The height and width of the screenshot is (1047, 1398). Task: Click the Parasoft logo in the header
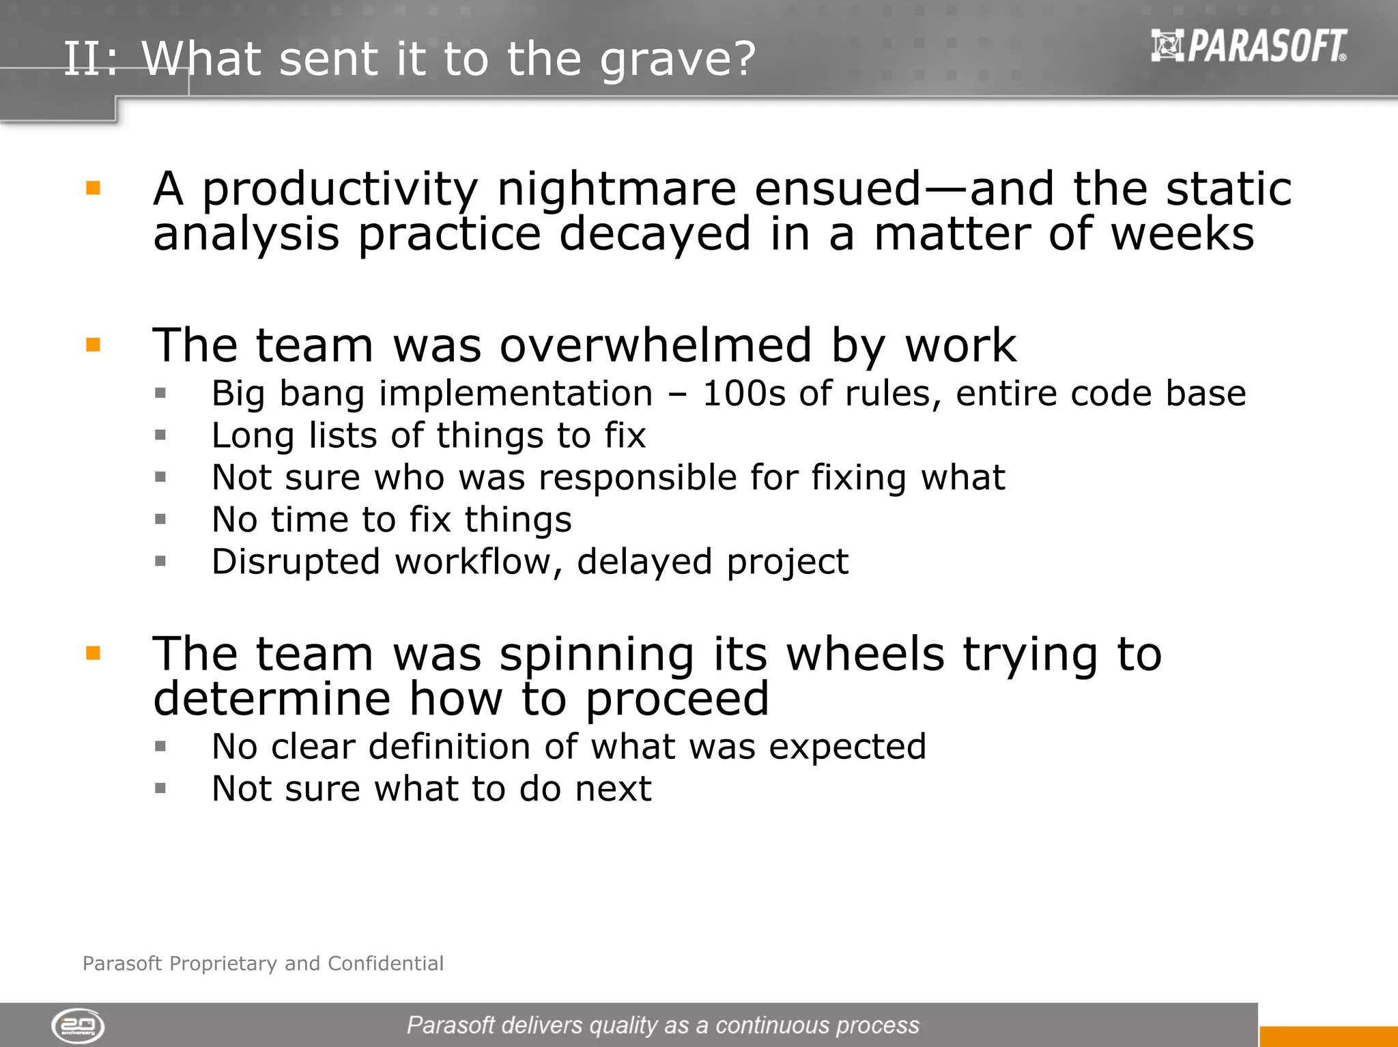(1249, 46)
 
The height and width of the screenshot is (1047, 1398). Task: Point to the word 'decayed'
(655, 234)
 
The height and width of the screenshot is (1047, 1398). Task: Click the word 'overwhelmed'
(655, 345)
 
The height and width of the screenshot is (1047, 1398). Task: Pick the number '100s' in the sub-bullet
(744, 394)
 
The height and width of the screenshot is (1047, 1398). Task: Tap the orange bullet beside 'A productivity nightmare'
(94, 188)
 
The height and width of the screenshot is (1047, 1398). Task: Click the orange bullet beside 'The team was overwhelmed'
(94, 345)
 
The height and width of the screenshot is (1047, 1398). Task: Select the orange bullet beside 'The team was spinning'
(94, 653)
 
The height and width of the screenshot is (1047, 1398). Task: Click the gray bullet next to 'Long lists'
(160, 435)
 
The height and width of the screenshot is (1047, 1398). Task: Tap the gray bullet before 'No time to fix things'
(160, 519)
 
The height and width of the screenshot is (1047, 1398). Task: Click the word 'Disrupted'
(296, 562)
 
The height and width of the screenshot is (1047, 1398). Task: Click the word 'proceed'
(677, 700)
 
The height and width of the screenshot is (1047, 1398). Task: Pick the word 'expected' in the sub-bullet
(847, 747)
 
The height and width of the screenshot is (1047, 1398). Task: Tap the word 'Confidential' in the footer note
(386, 964)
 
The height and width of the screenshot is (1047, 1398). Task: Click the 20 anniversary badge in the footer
(78, 1026)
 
